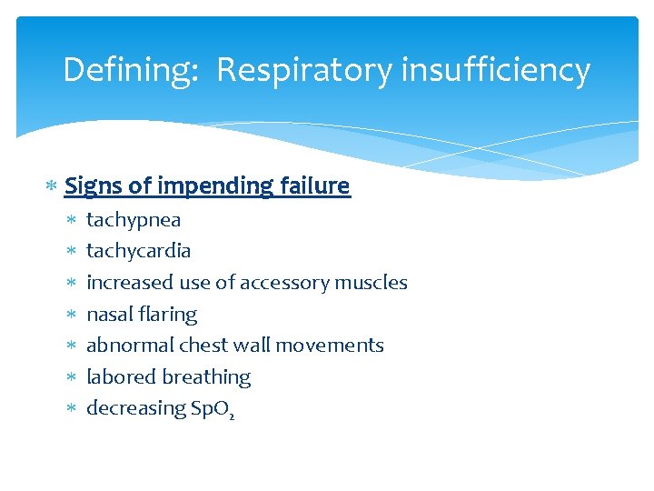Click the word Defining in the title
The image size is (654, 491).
coord(130,70)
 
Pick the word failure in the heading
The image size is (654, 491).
coord(316,186)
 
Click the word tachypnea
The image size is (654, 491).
coord(134,220)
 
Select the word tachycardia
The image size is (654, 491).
coord(138,251)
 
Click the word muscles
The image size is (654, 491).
coord(371,283)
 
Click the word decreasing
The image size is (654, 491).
coord(134,409)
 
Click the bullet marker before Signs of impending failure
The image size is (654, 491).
coord(53,187)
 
